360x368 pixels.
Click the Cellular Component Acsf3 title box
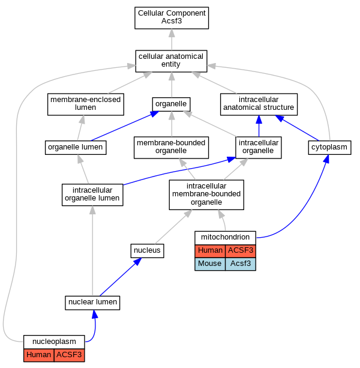coord(172,18)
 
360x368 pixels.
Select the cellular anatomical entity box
coord(171,61)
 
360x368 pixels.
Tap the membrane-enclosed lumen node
coord(86,104)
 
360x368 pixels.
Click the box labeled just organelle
coord(171,104)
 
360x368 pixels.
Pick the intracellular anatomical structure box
coord(259,104)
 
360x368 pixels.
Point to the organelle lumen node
coord(76,148)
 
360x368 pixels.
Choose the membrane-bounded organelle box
coord(171,148)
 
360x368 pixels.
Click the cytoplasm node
coord(329,148)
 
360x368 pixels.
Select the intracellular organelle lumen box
coord(92,195)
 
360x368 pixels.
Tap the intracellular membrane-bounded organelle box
coord(206,195)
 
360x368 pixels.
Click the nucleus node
coord(147,251)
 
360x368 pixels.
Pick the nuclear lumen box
coord(92,303)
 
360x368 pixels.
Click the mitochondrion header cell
coord(225,238)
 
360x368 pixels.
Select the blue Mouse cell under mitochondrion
coord(210,264)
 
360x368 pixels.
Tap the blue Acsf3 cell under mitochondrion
coord(241,264)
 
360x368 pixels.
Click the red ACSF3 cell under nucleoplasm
coord(69,355)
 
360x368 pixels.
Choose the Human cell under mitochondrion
coord(210,251)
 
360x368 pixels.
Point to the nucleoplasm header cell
coord(54,342)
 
